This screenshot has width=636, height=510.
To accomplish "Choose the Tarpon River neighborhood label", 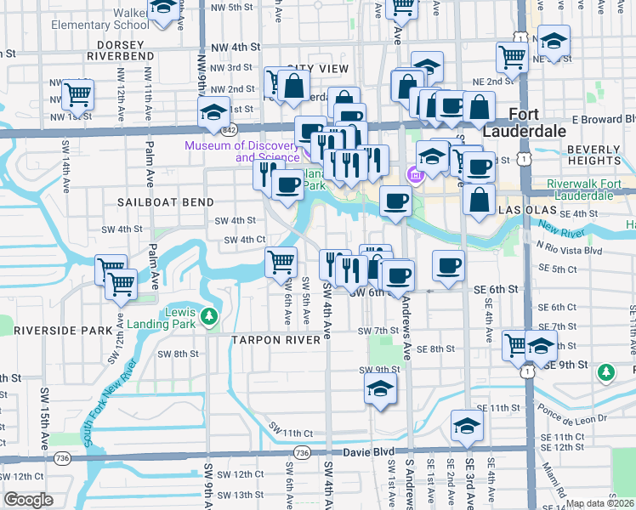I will click(x=281, y=339).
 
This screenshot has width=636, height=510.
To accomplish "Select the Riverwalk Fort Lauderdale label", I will click(x=581, y=189).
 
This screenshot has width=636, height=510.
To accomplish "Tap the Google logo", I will click(x=28, y=499).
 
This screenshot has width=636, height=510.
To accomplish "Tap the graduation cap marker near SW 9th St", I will click(x=380, y=389).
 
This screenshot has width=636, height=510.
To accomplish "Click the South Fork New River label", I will click(x=111, y=404).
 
